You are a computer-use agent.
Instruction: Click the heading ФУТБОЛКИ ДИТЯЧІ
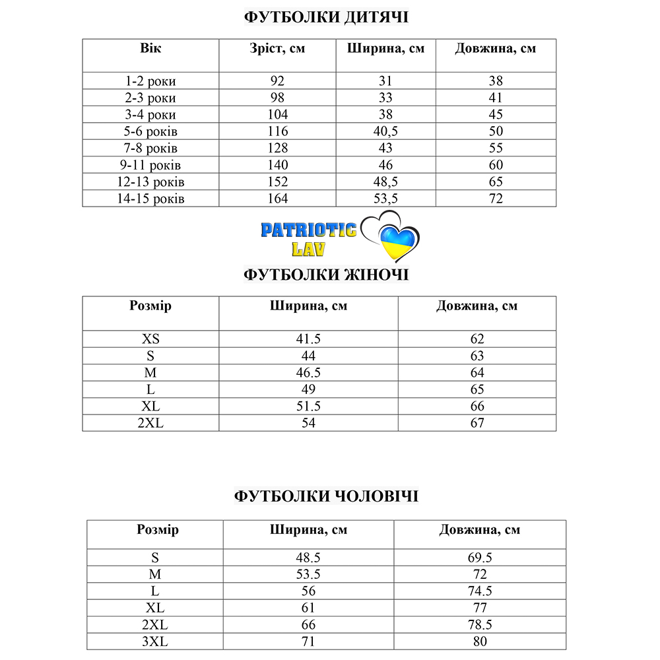(326, 17)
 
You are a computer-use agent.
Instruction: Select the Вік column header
(150, 48)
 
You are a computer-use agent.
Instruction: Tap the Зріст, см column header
(278, 48)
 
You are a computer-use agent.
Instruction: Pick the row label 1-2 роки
(150, 81)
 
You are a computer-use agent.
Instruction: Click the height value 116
(278, 131)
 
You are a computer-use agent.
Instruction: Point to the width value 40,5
(385, 131)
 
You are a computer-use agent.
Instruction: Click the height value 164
(278, 198)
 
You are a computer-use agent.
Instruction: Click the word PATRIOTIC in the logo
(308, 230)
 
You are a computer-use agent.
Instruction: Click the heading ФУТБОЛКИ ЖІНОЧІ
(326, 274)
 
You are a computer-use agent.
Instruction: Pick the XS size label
(150, 339)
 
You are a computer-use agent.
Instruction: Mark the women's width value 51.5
(308, 406)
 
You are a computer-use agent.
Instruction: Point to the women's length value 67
(477, 422)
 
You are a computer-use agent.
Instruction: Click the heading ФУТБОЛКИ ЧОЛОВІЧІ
(326, 496)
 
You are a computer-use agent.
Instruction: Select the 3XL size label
(156, 640)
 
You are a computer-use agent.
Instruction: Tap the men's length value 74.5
(480, 591)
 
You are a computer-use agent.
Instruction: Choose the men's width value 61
(308, 607)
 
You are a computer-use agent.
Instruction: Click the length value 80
(480, 640)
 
